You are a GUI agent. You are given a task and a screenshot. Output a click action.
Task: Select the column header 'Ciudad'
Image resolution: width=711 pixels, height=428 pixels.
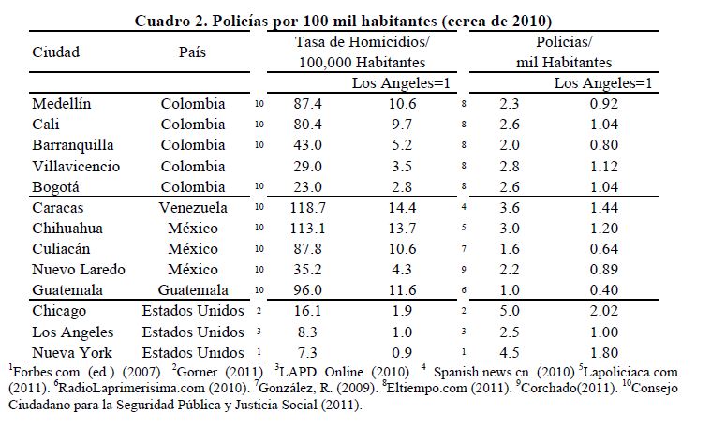56,52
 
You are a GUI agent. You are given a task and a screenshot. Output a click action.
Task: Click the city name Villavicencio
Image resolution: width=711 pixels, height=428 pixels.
76,166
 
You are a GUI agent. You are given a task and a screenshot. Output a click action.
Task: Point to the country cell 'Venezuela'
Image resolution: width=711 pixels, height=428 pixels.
193,207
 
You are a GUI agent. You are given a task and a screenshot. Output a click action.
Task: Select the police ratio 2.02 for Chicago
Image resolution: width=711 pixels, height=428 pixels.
603,311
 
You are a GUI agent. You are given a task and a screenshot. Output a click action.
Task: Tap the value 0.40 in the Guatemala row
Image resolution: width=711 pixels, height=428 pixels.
603,290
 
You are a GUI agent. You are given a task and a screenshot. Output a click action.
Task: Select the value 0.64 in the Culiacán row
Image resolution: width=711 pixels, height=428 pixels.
603,249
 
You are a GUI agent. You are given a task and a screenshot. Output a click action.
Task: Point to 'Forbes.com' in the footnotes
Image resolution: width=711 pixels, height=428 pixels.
41,372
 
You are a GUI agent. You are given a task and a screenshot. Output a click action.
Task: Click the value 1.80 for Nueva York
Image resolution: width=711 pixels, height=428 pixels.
603,352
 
